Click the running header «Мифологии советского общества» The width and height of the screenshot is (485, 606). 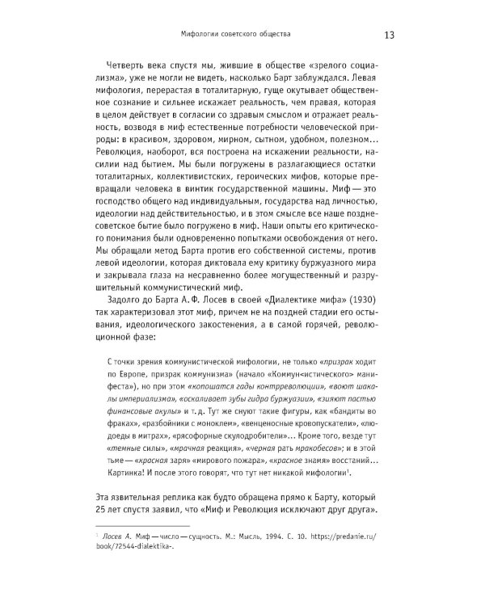[238, 35]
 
